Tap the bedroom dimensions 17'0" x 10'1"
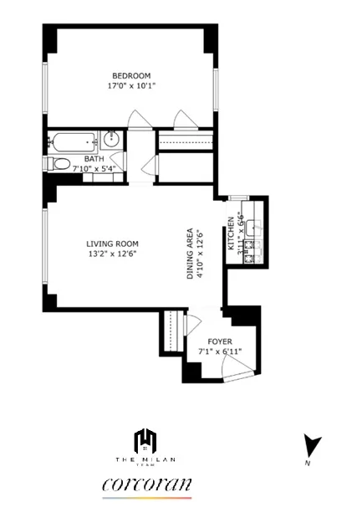[x=131, y=85]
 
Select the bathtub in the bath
[x=73, y=140]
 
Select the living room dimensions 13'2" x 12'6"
[x=112, y=254]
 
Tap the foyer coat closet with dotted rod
[x=174, y=332]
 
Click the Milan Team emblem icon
[x=147, y=440]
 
